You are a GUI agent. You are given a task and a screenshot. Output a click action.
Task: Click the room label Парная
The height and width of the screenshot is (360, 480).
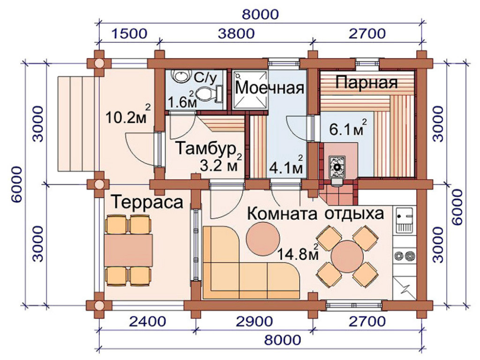click(x=366, y=83)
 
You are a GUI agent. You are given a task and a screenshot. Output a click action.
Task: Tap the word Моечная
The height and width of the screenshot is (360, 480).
click(x=270, y=88)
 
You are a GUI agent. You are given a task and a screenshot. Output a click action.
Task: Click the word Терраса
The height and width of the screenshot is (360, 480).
click(x=147, y=202)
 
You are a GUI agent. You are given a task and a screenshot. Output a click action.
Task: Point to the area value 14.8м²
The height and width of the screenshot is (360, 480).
click(x=298, y=253)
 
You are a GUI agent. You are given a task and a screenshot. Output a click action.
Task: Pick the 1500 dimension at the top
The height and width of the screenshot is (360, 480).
click(x=129, y=34)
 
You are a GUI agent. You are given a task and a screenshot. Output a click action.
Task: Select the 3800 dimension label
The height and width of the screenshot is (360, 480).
click(x=236, y=34)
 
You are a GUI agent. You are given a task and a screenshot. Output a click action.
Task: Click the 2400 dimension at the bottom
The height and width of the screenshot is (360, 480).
click(x=147, y=322)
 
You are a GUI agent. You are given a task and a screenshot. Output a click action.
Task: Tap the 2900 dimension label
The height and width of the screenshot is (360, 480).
click(x=254, y=322)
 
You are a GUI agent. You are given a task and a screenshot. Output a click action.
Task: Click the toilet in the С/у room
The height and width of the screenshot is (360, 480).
click(x=209, y=94)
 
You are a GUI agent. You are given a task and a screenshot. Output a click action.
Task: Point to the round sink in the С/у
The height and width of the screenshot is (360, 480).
click(x=180, y=76)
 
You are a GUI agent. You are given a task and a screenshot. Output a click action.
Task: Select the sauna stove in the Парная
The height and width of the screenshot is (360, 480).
click(x=337, y=168)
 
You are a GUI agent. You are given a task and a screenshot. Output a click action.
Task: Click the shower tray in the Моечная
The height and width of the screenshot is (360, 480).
click(x=250, y=90)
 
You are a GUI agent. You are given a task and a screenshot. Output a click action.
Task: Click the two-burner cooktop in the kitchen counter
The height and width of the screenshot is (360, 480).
click(x=405, y=255)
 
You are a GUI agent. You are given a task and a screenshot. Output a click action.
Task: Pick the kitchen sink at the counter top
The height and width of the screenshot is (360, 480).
click(x=405, y=219)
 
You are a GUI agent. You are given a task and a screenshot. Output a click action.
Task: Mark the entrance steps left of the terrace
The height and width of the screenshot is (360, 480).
click(x=78, y=124)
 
